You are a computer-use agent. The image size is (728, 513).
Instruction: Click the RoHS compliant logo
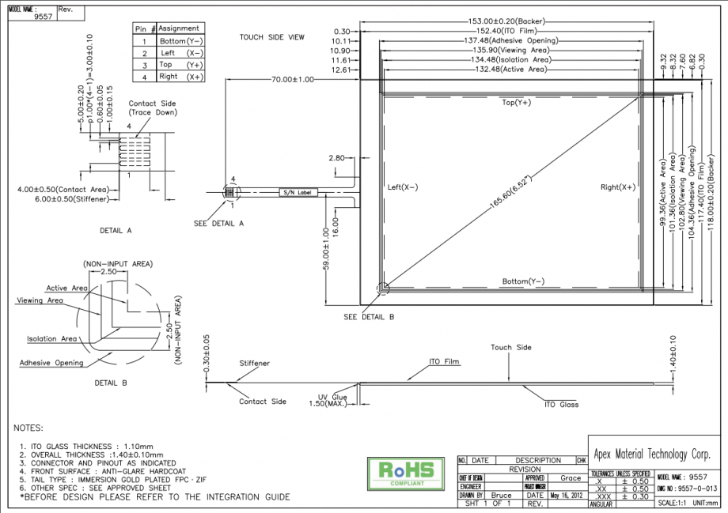401,471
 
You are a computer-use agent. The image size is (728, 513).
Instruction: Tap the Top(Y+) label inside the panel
516,103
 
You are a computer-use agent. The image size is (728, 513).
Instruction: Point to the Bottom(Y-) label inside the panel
523,281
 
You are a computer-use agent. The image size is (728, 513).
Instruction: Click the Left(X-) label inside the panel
403,187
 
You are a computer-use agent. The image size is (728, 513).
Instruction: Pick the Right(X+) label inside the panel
617,187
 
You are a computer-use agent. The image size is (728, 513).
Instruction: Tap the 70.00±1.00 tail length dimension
292,80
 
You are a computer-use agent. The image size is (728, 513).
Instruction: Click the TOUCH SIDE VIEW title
272,37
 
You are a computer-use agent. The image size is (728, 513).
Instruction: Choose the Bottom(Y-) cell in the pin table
182,40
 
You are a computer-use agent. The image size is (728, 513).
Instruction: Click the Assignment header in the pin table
179,28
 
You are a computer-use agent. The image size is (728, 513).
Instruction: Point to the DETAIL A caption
116,231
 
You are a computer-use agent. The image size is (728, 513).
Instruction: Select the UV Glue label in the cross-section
332,397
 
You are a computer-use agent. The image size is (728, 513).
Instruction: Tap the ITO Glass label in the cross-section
561,405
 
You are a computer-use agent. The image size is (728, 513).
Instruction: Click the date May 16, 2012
567,496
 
